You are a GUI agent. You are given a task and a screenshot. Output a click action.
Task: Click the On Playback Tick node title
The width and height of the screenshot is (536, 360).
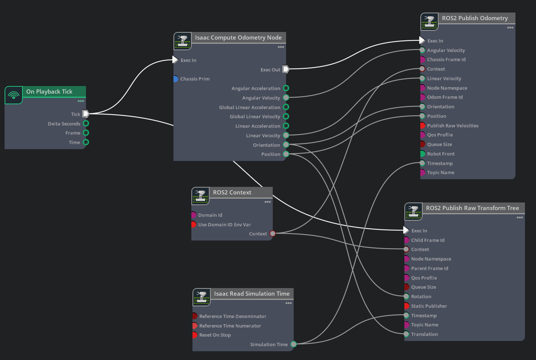[49, 92]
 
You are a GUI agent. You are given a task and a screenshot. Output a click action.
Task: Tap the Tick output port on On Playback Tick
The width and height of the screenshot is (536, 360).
[86, 114]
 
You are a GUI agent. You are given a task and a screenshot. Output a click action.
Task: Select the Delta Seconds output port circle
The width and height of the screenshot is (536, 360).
[86, 124]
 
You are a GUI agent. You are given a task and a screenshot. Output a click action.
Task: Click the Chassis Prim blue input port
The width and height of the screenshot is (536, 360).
[176, 79]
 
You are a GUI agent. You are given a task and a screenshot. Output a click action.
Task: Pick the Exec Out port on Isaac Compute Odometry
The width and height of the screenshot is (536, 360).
[286, 69]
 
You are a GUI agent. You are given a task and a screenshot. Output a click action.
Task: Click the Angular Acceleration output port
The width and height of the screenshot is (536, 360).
[286, 88]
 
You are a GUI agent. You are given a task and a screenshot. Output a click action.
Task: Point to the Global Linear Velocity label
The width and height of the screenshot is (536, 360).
[255, 116]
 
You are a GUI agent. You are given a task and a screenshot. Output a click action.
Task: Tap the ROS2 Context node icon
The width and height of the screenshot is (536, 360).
[200, 196]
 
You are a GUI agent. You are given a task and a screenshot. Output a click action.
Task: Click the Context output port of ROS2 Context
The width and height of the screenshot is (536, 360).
[272, 234]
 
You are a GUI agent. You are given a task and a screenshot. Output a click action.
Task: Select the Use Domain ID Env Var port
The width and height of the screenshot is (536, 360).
[194, 225]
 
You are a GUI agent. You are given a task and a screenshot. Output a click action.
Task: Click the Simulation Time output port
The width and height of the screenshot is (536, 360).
[294, 344]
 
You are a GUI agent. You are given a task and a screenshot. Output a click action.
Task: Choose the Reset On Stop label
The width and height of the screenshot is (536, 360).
[215, 335]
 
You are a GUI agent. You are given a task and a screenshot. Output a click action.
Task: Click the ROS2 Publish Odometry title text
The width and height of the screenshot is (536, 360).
[475, 18]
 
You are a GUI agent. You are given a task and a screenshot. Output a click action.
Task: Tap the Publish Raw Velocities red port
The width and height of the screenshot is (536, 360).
[423, 126]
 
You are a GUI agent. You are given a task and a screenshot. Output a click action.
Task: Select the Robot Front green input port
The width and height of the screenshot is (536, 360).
[423, 154]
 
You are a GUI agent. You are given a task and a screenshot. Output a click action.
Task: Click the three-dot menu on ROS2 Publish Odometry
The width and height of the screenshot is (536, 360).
[510, 28]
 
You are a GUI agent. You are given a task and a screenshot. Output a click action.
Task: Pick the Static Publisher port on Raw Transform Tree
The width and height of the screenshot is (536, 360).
[407, 306]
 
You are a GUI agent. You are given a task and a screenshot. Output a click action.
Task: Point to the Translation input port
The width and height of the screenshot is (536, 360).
[406, 334]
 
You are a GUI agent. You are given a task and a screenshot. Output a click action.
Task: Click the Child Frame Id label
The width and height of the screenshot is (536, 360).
[428, 241]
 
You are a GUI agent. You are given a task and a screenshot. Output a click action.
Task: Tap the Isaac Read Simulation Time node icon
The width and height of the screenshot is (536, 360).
[202, 297]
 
